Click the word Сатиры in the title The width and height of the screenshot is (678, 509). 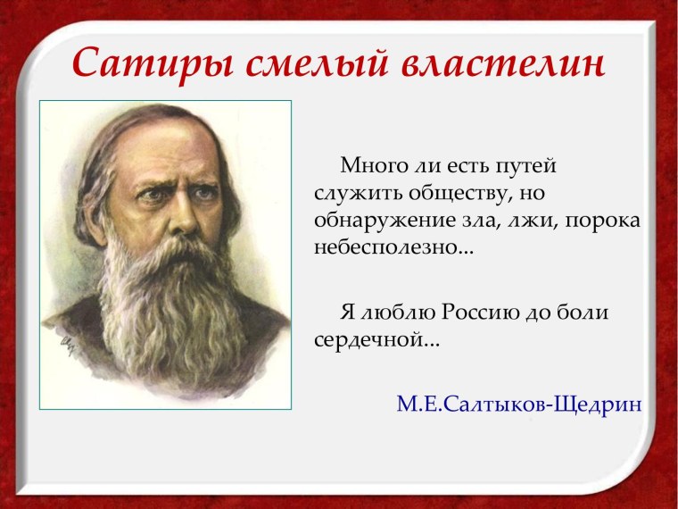point(138,63)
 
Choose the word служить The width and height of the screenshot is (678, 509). point(360,194)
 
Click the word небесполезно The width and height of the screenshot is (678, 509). point(393,247)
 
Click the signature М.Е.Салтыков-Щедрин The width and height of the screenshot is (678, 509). point(518,405)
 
